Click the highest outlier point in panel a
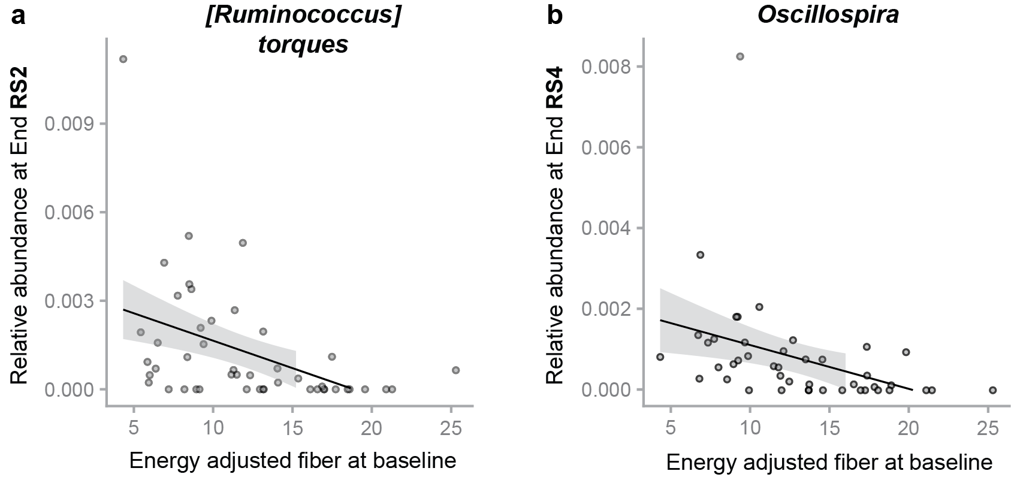(123, 59)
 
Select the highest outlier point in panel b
(740, 56)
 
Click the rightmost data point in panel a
(455, 370)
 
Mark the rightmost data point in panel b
(992, 390)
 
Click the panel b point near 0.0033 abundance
(700, 255)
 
